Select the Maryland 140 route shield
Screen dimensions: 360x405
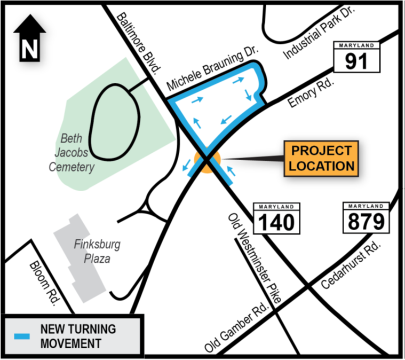click(x=276, y=218)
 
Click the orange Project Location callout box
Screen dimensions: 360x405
click(x=321, y=158)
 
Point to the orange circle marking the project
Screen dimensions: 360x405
click(x=208, y=161)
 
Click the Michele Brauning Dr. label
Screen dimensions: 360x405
click(x=212, y=68)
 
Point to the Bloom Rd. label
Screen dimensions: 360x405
click(x=43, y=283)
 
